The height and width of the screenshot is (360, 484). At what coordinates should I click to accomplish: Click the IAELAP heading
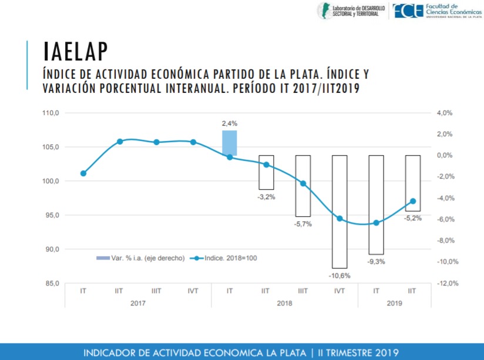[x=76, y=52]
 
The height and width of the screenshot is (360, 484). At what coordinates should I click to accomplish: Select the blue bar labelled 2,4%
[x=230, y=143]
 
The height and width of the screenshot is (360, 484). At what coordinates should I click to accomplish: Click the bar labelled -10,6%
[x=340, y=211]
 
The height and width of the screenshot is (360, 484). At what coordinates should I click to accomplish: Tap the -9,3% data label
[x=376, y=262]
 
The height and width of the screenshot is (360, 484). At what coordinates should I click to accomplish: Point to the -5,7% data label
[x=303, y=224]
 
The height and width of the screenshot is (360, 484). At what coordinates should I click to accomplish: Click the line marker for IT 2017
[x=83, y=173]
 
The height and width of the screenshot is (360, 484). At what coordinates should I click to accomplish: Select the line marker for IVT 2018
[x=340, y=218]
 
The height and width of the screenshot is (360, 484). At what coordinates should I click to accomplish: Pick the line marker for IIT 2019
[x=413, y=201]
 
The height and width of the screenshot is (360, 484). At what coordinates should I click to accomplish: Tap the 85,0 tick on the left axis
[x=52, y=283]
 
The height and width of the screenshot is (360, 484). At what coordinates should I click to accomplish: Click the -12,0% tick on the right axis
[x=445, y=283]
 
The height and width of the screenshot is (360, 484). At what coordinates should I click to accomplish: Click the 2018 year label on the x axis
[x=284, y=303]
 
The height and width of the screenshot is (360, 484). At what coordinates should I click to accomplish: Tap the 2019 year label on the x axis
[x=394, y=303]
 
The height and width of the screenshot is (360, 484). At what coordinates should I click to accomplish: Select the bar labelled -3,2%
[x=266, y=172]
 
